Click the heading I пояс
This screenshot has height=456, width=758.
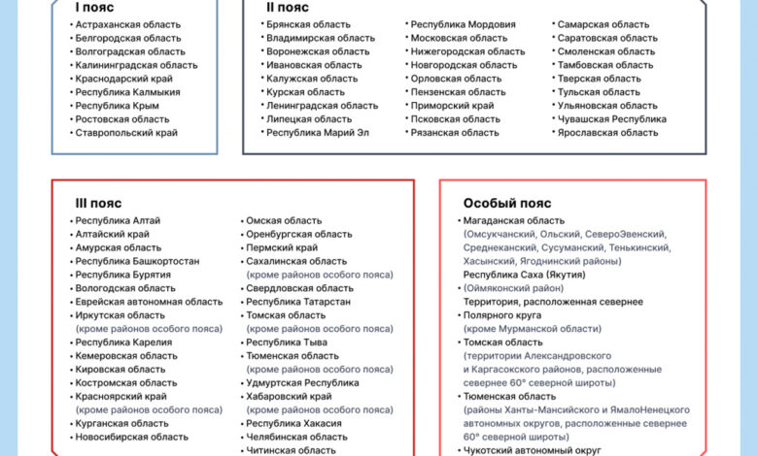(x=94, y=7)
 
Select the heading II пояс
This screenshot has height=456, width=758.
(x=288, y=7)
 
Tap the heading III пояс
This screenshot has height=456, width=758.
(x=98, y=204)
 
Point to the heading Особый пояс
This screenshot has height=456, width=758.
(x=506, y=204)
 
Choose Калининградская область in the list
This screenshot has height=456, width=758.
(x=136, y=65)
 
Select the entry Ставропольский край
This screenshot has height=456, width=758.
(x=126, y=133)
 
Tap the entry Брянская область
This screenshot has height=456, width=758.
(x=309, y=24)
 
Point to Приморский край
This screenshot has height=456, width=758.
(x=452, y=106)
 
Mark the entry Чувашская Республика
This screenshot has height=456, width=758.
(x=611, y=119)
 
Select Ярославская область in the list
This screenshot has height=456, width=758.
(x=607, y=133)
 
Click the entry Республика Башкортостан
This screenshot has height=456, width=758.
(x=137, y=261)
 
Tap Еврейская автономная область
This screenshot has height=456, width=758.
(x=149, y=302)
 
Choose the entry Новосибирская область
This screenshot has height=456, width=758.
(x=132, y=438)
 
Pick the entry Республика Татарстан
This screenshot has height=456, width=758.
(x=298, y=302)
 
